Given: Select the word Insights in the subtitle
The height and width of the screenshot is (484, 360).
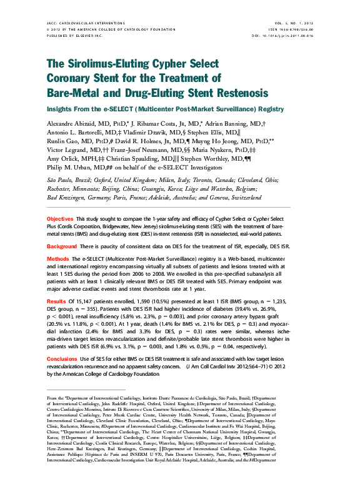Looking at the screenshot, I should pos(63,109).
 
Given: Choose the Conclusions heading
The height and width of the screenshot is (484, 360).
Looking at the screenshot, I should pos(62,359).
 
